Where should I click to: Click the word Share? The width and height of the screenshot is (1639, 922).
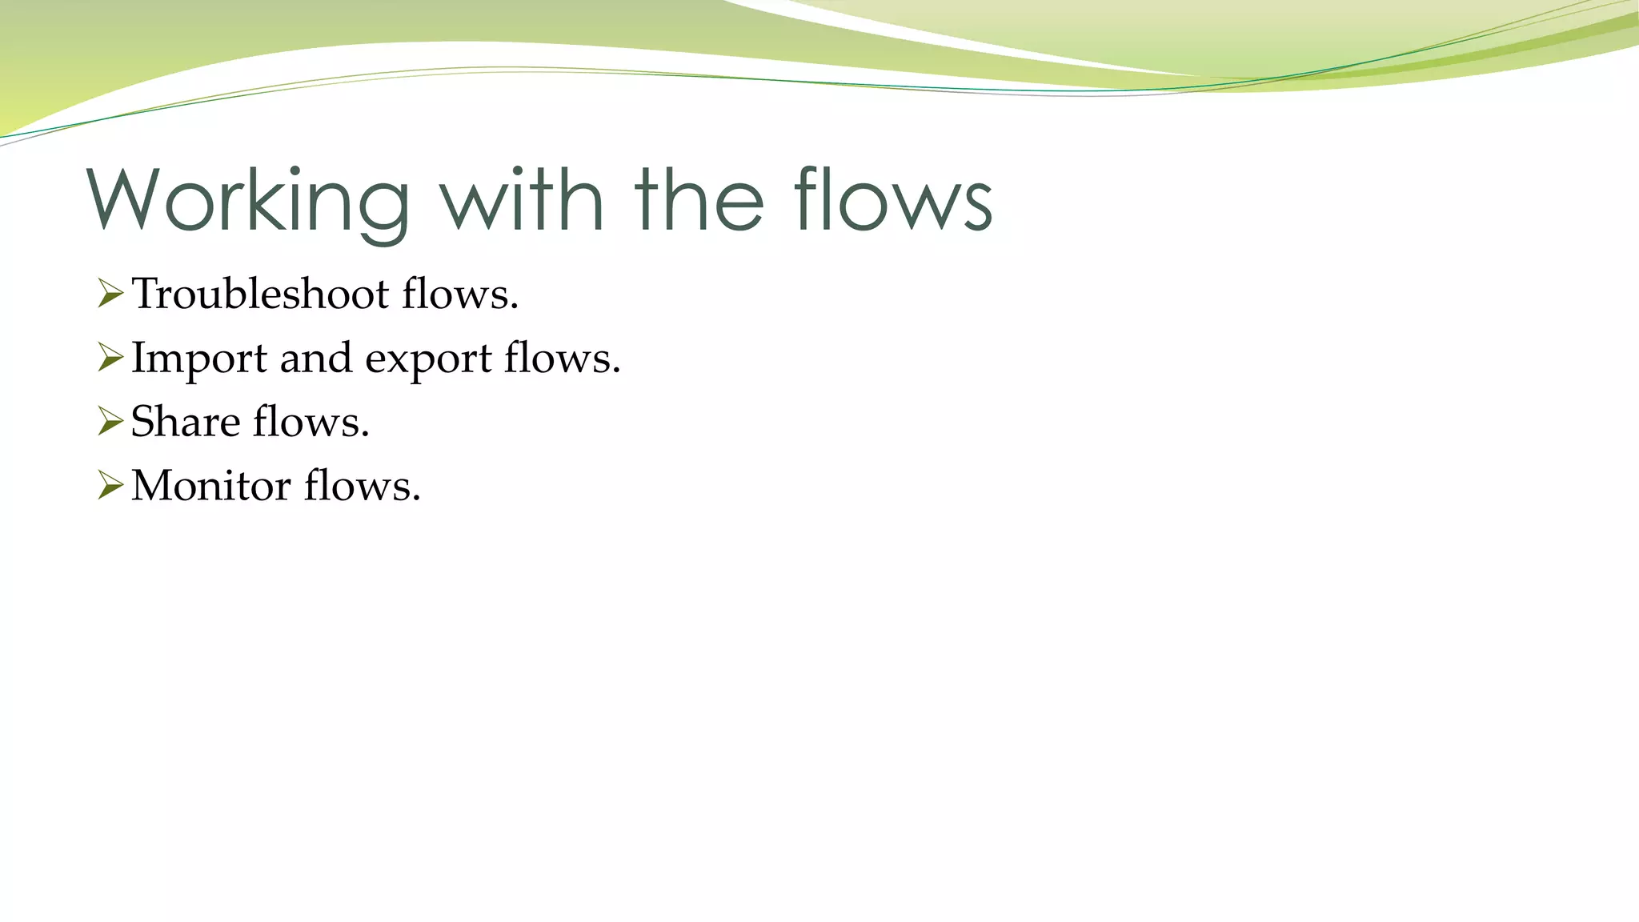pyautogui.click(x=185, y=422)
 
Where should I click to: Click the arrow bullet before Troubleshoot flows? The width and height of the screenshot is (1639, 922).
pyautogui.click(x=110, y=294)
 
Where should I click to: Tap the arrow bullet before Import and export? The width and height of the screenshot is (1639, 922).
pyautogui.click(x=110, y=358)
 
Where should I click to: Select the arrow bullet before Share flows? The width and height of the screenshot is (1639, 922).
pyautogui.click(x=110, y=422)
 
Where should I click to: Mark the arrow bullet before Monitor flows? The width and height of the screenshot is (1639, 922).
pyautogui.click(x=110, y=486)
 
